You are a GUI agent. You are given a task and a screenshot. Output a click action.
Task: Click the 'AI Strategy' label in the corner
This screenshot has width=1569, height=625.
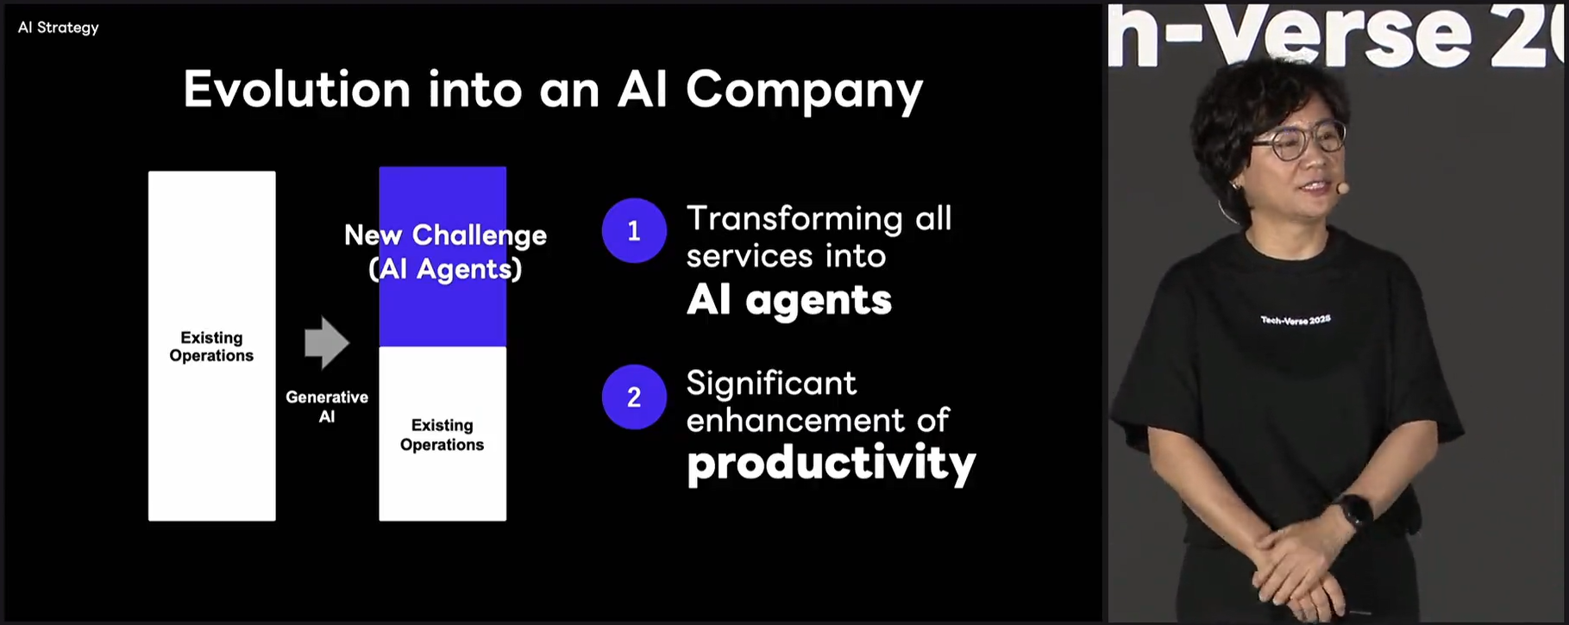[x=59, y=28]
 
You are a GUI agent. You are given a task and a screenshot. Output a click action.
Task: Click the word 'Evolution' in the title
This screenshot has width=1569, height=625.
[x=297, y=89]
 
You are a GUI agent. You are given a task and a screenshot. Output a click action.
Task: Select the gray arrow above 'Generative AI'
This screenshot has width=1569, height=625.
[x=327, y=343]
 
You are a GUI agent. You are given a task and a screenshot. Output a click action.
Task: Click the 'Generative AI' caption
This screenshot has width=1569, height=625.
[x=327, y=407]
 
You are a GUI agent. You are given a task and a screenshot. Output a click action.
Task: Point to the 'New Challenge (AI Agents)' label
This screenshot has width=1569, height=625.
[x=445, y=252]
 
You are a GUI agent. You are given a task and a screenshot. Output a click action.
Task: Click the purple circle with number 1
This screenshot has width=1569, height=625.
[x=634, y=231]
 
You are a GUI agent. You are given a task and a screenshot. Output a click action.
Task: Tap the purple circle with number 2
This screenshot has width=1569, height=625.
[x=634, y=397]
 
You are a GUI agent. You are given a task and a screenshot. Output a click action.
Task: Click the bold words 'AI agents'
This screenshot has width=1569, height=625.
[x=789, y=301]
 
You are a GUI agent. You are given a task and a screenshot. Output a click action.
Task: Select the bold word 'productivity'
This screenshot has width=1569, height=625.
[x=832, y=465]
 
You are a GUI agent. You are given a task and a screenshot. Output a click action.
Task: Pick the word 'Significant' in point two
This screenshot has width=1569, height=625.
[x=771, y=384]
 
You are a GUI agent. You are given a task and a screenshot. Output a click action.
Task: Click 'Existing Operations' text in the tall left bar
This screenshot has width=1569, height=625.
[x=211, y=347]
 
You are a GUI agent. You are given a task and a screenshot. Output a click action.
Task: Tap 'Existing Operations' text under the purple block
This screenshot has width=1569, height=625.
[x=442, y=435]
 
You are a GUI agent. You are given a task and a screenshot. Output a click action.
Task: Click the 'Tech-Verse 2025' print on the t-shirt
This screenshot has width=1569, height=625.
[x=1296, y=320]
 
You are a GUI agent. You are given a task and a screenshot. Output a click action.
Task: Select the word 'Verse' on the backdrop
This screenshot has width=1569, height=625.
[x=1341, y=35]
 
